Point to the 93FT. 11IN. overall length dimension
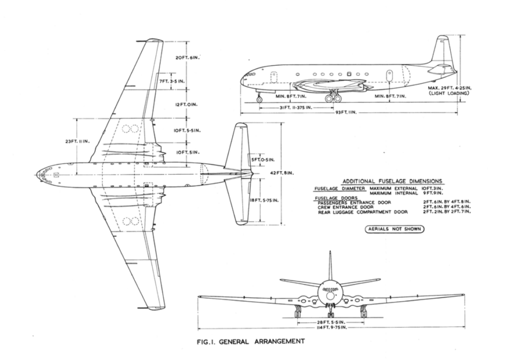(346, 112)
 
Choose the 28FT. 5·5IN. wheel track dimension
(330, 322)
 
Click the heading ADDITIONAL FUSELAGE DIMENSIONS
(393, 181)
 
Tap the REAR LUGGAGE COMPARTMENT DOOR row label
(363, 212)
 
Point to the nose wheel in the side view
(259, 100)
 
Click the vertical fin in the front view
(330, 266)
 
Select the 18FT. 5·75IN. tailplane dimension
(265, 200)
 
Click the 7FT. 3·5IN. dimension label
(172, 80)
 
